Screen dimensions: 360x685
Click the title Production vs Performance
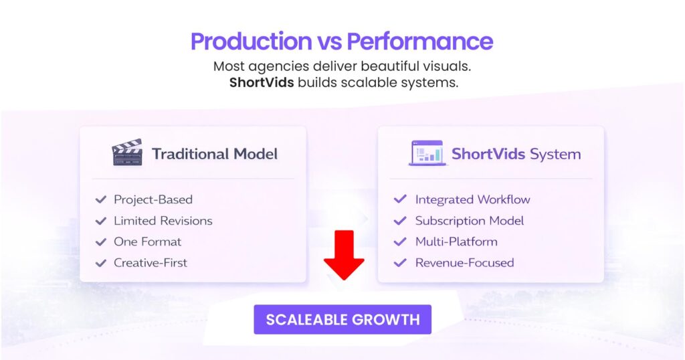coord(342,41)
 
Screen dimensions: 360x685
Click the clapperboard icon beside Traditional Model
coord(127,153)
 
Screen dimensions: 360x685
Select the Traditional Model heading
coord(214,154)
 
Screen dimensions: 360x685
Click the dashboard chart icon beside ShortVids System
coord(427,153)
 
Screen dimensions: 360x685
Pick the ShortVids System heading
coord(516,155)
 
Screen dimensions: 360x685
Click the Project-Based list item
coord(153,199)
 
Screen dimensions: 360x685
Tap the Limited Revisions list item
coord(163,221)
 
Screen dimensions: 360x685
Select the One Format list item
coord(147,242)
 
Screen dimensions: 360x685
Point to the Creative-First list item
coord(151,263)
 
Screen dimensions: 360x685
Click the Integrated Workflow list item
coord(472,199)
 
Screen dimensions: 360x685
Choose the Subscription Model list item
coord(469,221)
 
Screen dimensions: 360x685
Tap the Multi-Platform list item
coord(456,242)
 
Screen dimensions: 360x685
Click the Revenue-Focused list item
coord(464,263)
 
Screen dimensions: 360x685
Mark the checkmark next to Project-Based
coord(101,199)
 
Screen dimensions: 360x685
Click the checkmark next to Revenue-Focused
coord(400,263)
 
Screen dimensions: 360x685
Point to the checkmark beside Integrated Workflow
coord(400,199)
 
